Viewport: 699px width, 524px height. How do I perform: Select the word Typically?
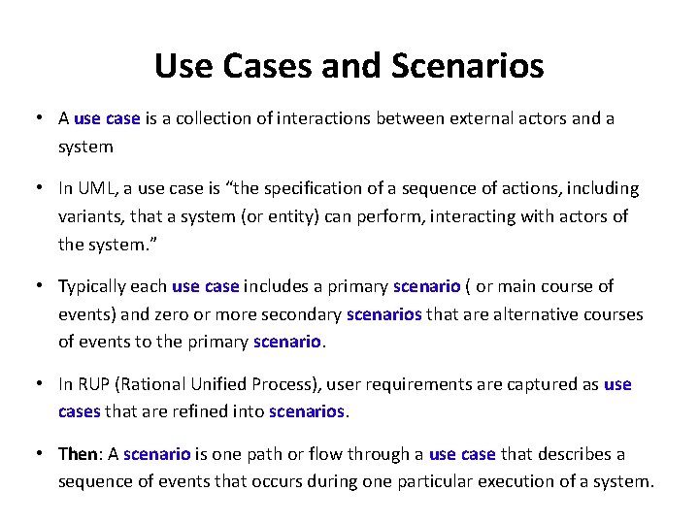97,286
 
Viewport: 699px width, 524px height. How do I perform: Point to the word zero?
191,314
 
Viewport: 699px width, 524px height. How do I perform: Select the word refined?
190,411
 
